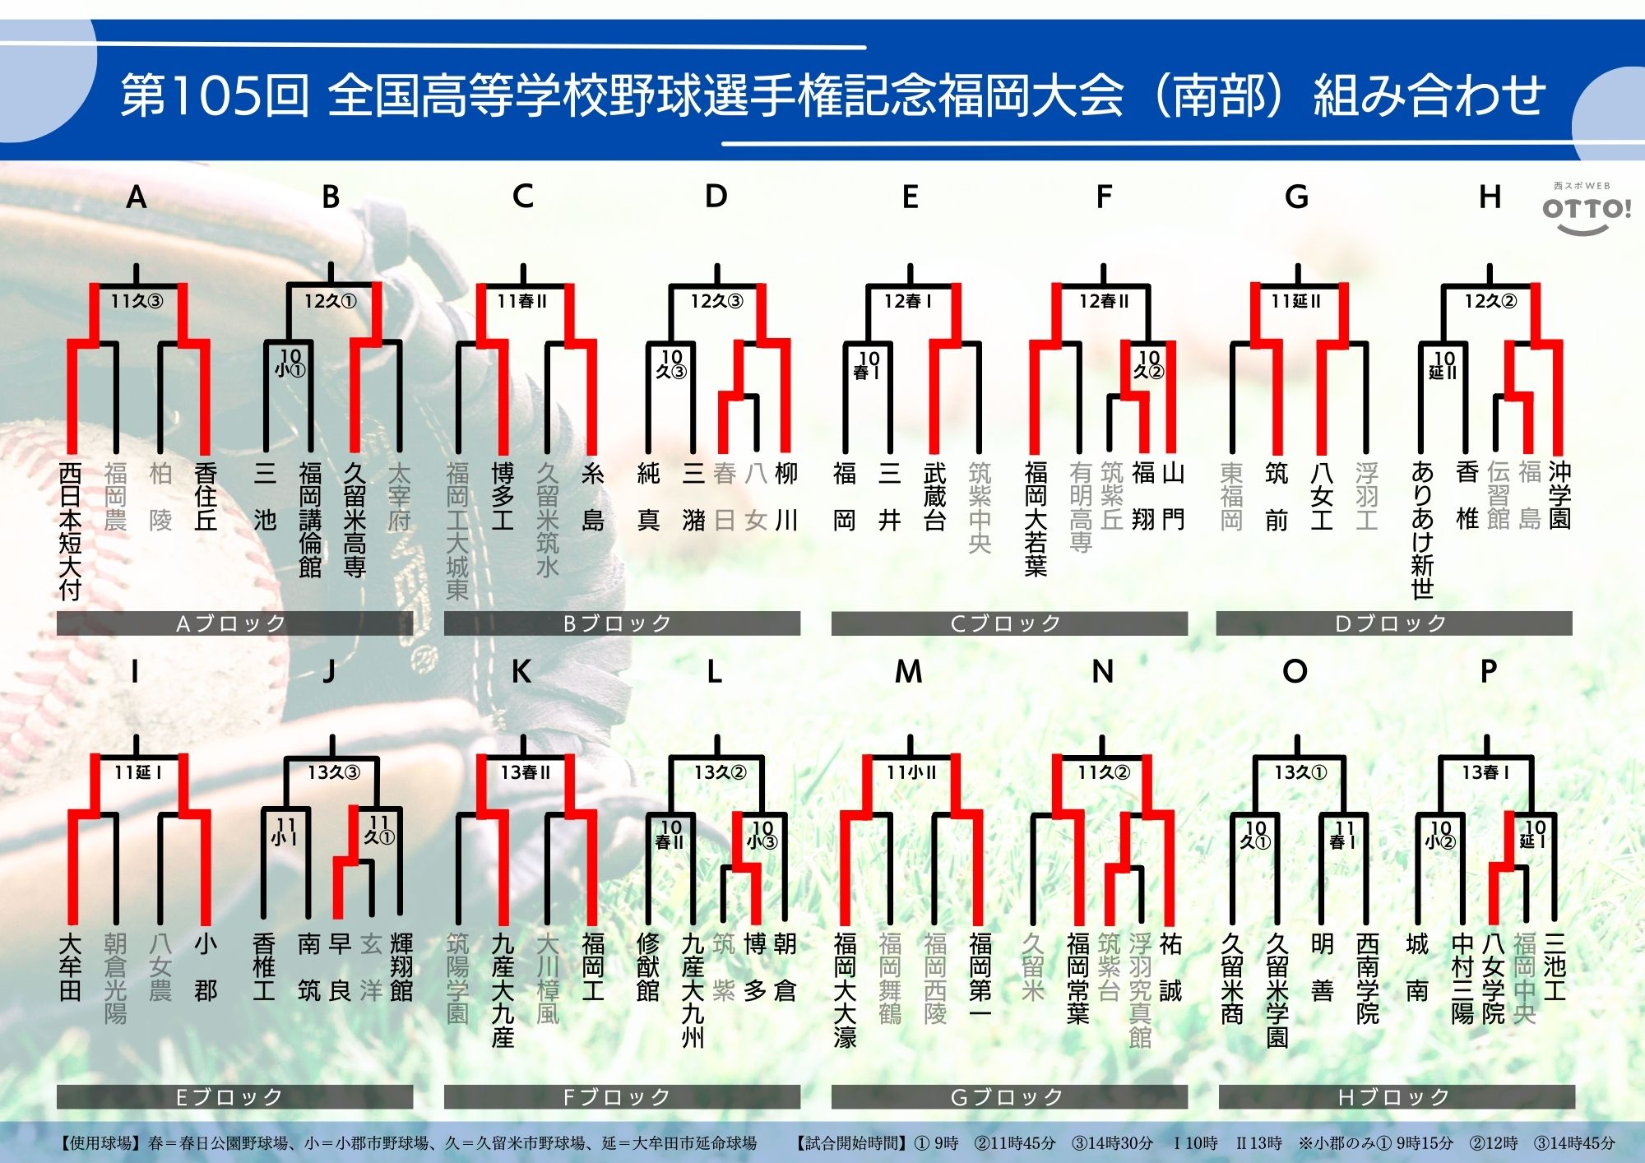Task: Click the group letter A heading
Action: pyautogui.click(x=137, y=197)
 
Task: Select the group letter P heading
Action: pyautogui.click(x=1488, y=672)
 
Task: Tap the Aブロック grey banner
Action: pyautogui.click(x=234, y=623)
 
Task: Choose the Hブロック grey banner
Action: pyautogui.click(x=1396, y=1097)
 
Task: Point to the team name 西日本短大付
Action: pyautogui.click(x=71, y=531)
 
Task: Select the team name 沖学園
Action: pyautogui.click(x=1559, y=495)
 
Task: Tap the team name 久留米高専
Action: pyautogui.click(x=354, y=519)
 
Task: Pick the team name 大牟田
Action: pyautogui.click(x=71, y=966)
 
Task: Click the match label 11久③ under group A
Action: pyautogui.click(x=137, y=302)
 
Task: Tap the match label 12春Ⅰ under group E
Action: pyautogui.click(x=908, y=302)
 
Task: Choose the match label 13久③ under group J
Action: pyautogui.click(x=333, y=773)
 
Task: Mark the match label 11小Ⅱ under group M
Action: pyautogui.click(x=911, y=773)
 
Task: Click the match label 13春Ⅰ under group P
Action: pyautogui.click(x=1485, y=773)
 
